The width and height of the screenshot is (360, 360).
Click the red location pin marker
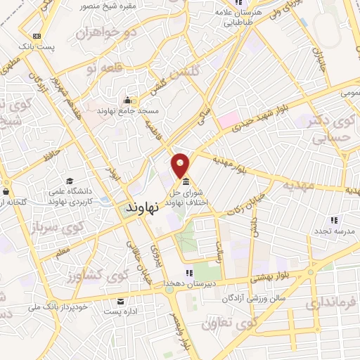tap(181, 165)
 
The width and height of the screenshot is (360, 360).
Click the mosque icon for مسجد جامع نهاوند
tap(127, 99)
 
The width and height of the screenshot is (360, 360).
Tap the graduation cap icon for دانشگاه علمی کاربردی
tap(68, 181)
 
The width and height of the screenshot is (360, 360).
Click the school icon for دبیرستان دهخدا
tap(188, 273)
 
